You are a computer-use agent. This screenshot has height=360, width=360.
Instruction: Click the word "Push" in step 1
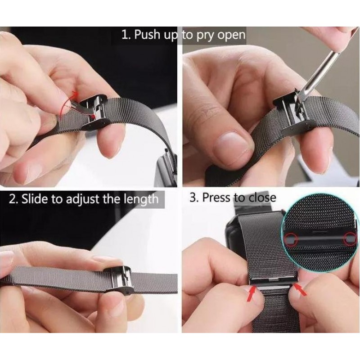[147, 35]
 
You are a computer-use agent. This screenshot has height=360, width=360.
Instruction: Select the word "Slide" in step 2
[35, 199]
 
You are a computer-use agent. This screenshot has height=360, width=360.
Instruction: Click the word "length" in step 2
[141, 199]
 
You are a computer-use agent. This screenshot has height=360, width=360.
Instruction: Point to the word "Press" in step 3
[217, 197]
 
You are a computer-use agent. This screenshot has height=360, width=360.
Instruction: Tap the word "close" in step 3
[262, 198]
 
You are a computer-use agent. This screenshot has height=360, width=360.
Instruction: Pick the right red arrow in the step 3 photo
[300, 290]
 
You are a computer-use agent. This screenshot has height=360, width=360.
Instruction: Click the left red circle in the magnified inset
[291, 239]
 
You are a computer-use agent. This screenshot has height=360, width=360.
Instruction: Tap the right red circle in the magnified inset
[350, 238]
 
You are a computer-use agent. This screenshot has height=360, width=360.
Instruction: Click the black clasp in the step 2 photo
[119, 280]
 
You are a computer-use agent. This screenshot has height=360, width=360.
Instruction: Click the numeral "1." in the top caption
[126, 35]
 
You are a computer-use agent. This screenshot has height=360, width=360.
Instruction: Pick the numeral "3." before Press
[194, 197]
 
